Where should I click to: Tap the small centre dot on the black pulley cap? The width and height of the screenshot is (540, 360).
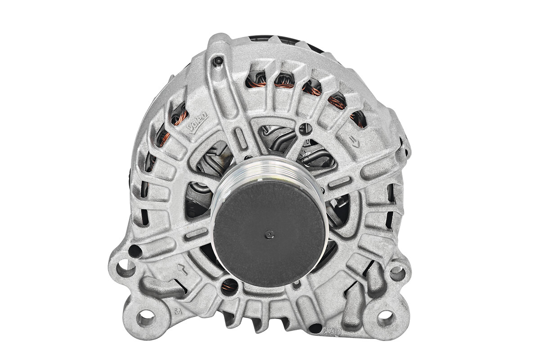click(x=270, y=233)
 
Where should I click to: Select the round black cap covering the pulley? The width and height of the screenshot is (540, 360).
click(x=270, y=227)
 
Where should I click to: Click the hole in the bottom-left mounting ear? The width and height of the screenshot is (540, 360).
click(x=145, y=318)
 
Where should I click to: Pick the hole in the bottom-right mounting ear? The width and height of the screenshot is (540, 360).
click(x=386, y=318)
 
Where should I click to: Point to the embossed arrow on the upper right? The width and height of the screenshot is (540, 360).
click(x=355, y=140)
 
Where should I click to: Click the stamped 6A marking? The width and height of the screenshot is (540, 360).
click(x=177, y=310)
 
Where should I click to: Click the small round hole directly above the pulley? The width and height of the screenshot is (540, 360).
click(x=306, y=127)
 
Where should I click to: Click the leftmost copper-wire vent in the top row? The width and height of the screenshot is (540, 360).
click(x=256, y=79)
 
